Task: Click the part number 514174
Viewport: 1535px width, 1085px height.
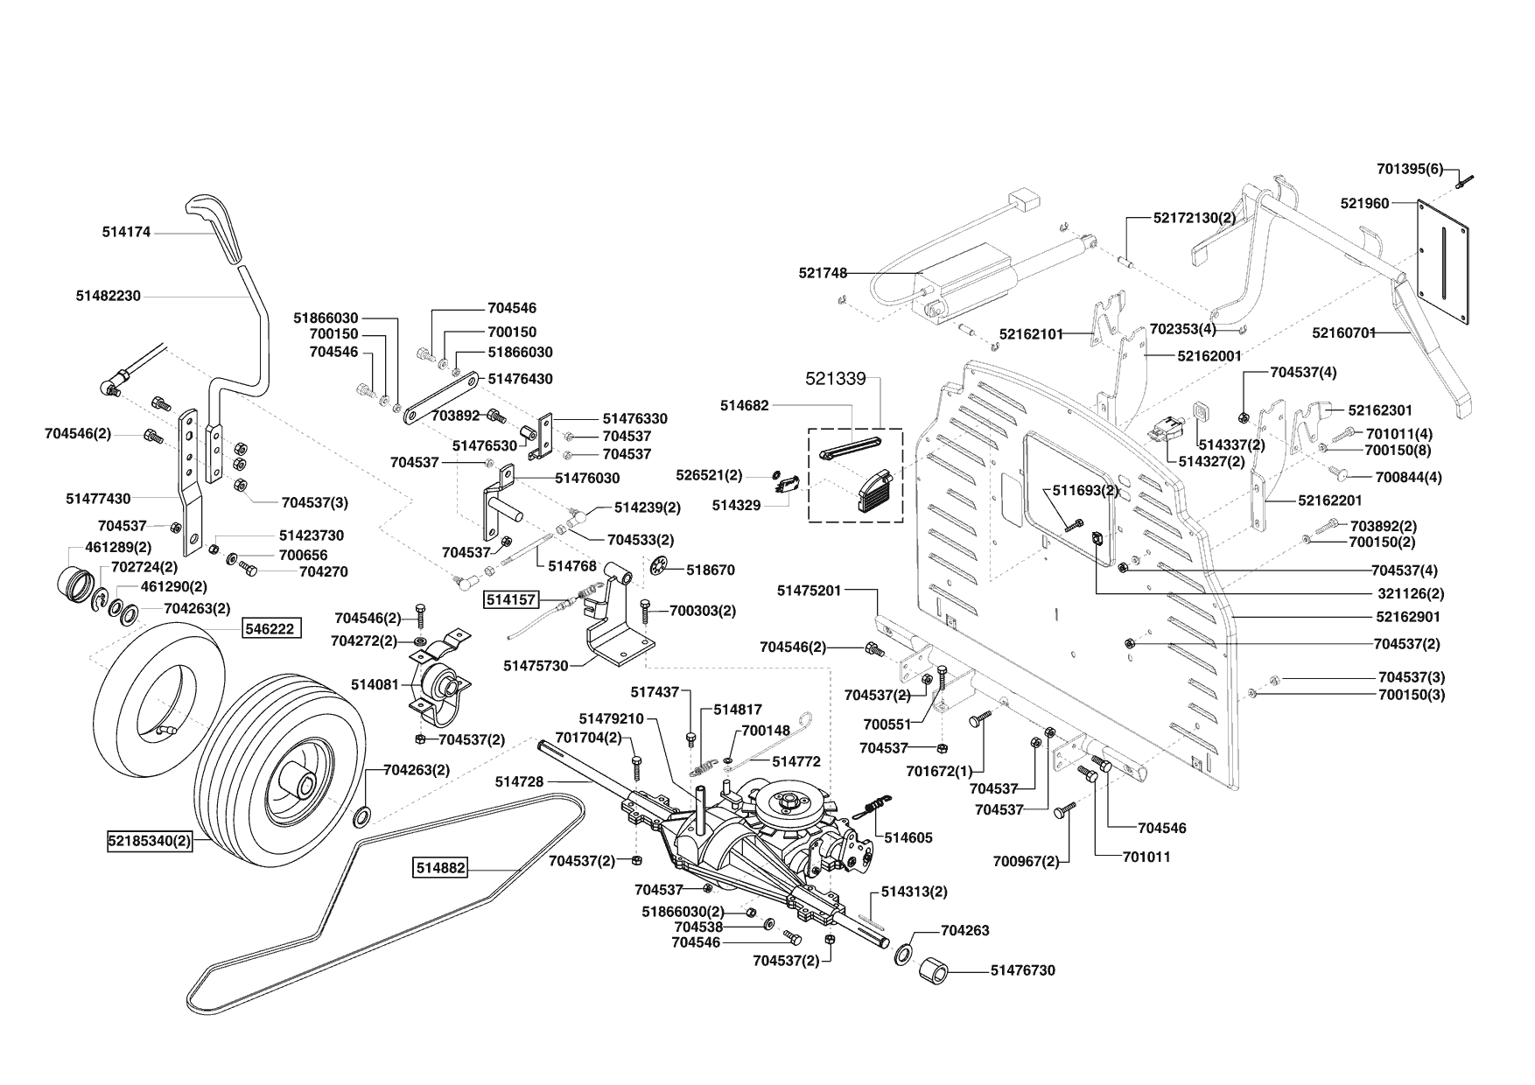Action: (x=126, y=232)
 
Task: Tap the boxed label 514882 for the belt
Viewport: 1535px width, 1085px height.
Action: (x=440, y=868)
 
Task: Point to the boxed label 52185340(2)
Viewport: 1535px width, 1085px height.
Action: (x=150, y=842)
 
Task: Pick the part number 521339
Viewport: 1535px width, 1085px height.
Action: (x=835, y=378)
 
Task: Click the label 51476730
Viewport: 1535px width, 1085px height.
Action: (x=1023, y=969)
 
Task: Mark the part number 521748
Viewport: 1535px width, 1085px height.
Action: (x=823, y=273)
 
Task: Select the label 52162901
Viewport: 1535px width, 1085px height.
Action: (x=1407, y=617)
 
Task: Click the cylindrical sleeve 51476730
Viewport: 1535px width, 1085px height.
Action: (x=936, y=971)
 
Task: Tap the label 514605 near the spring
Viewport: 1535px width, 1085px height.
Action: (x=908, y=837)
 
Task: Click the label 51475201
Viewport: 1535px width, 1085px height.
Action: (x=809, y=591)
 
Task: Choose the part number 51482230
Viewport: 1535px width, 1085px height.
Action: (x=108, y=296)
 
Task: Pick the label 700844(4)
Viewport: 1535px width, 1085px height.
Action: (x=1408, y=477)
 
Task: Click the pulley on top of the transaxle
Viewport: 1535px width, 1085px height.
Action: (x=787, y=800)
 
